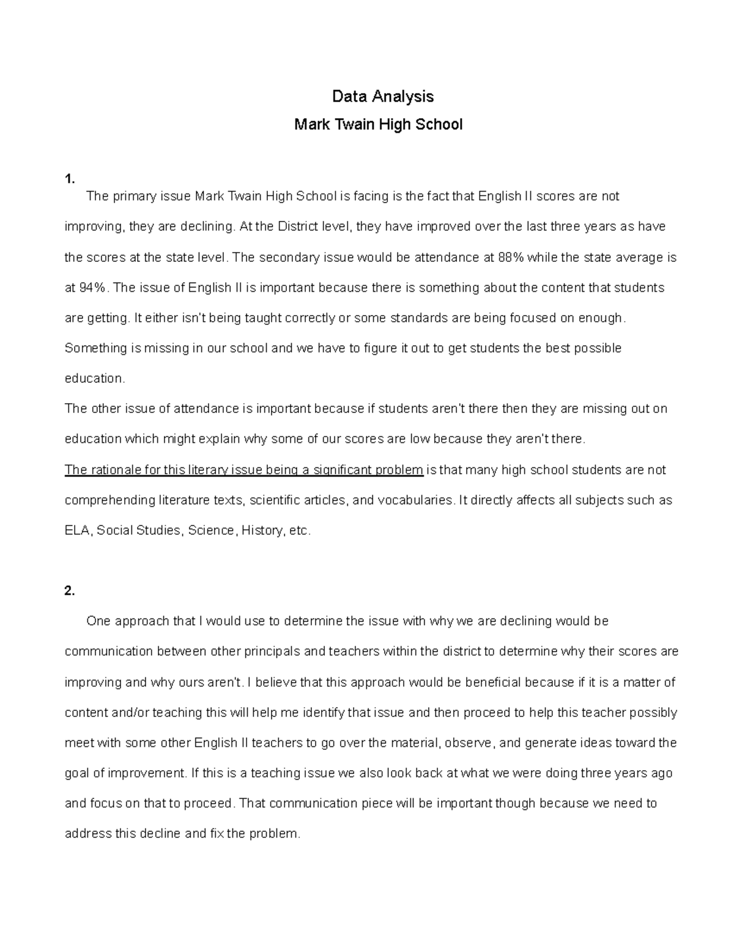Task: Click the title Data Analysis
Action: tap(382, 97)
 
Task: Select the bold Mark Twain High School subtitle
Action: tap(378, 125)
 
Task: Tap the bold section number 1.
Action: tap(69, 179)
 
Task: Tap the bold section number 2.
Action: tap(69, 591)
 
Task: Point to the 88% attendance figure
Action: tap(511, 258)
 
